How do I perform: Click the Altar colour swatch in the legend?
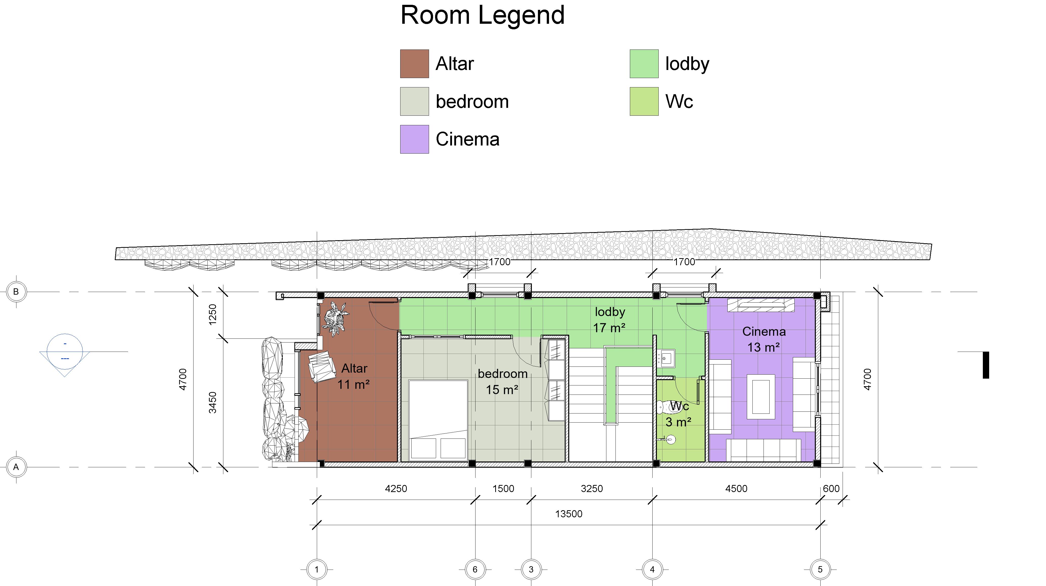[414, 64]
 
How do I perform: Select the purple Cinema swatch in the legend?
[414, 139]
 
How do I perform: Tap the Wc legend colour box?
[644, 102]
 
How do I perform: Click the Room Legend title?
[482, 15]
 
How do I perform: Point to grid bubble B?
[16, 292]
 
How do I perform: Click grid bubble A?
[16, 467]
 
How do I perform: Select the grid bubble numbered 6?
[475, 569]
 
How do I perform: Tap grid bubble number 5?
[820, 569]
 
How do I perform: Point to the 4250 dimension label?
[396, 489]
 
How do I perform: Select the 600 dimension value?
[831, 489]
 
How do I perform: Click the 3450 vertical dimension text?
[213, 403]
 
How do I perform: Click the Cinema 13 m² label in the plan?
[764, 339]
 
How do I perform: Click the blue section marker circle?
[65, 351]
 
